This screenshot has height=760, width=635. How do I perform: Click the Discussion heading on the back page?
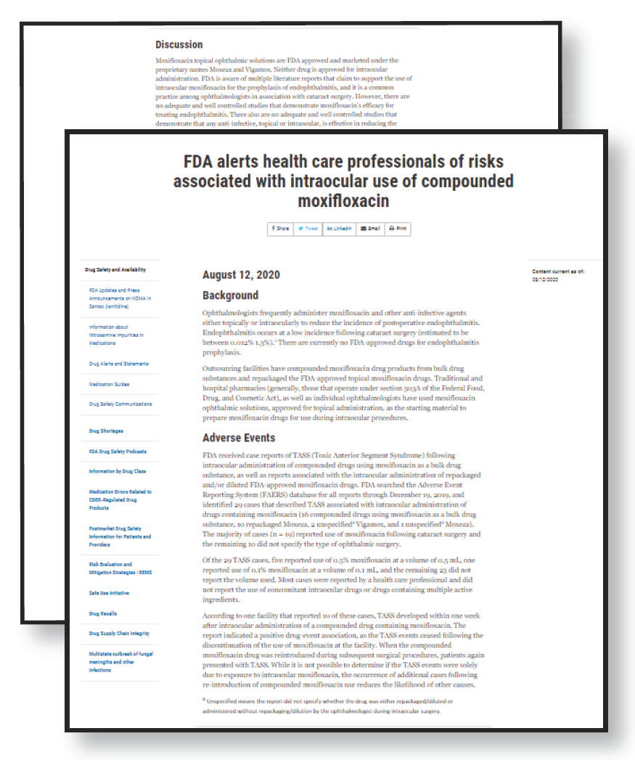(x=179, y=45)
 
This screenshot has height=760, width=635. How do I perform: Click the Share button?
(x=280, y=228)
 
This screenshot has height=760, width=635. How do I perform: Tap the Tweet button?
(x=308, y=228)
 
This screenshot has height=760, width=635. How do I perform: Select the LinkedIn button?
(x=339, y=228)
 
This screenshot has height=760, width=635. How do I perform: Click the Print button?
(x=398, y=228)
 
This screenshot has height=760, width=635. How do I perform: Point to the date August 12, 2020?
(x=241, y=275)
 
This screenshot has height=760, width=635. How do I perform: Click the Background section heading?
(x=230, y=295)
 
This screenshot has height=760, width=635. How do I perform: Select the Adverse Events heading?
(x=239, y=438)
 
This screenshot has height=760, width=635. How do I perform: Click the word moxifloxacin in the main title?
(x=343, y=200)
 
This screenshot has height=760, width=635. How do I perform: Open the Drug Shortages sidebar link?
(x=106, y=431)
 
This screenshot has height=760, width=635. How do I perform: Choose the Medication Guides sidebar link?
(x=109, y=384)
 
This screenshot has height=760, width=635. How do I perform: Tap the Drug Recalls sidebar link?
(x=103, y=613)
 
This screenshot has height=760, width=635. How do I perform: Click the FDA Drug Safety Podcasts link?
(x=118, y=451)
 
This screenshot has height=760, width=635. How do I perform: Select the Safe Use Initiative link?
(x=109, y=593)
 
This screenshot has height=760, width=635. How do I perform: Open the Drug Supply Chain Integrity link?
(x=120, y=634)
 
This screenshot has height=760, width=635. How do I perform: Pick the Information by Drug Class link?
(x=118, y=472)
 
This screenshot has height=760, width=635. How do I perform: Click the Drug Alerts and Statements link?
(x=119, y=364)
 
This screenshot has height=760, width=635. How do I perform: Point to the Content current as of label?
(x=558, y=271)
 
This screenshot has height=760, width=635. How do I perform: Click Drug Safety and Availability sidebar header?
(x=115, y=269)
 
